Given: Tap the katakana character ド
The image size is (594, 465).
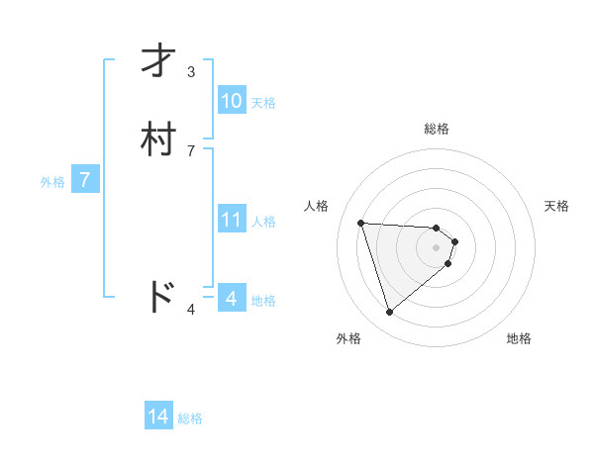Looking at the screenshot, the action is point(160,296).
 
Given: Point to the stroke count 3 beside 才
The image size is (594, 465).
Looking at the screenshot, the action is point(191,72).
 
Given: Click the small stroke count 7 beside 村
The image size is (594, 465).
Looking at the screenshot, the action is point(191,150).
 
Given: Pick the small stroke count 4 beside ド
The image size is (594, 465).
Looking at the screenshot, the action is point(191,311).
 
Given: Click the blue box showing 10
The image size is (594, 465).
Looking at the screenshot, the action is point(231,100).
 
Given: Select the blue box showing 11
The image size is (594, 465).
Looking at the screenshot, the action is point(231,219).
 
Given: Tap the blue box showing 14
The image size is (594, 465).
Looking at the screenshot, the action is point(158,417).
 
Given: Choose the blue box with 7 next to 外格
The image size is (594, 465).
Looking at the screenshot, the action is point(85,180).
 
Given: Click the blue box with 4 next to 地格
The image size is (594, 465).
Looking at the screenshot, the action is point(231,298).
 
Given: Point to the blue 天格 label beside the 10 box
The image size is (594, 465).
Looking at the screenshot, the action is point(263,102).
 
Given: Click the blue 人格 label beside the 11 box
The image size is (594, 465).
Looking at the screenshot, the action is point(263,221).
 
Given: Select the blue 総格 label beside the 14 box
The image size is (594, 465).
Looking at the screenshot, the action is point(190,418).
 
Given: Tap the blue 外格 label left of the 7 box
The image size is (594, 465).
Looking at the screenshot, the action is point(52,182).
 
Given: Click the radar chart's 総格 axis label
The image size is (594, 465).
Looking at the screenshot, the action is point(437,129).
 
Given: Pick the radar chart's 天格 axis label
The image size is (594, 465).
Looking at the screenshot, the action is point(556,206).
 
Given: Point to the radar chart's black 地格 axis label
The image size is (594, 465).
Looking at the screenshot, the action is point(519,338).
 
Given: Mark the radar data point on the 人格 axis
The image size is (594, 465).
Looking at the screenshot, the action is point(361,223).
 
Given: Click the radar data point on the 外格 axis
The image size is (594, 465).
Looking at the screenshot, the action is point(389,313).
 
